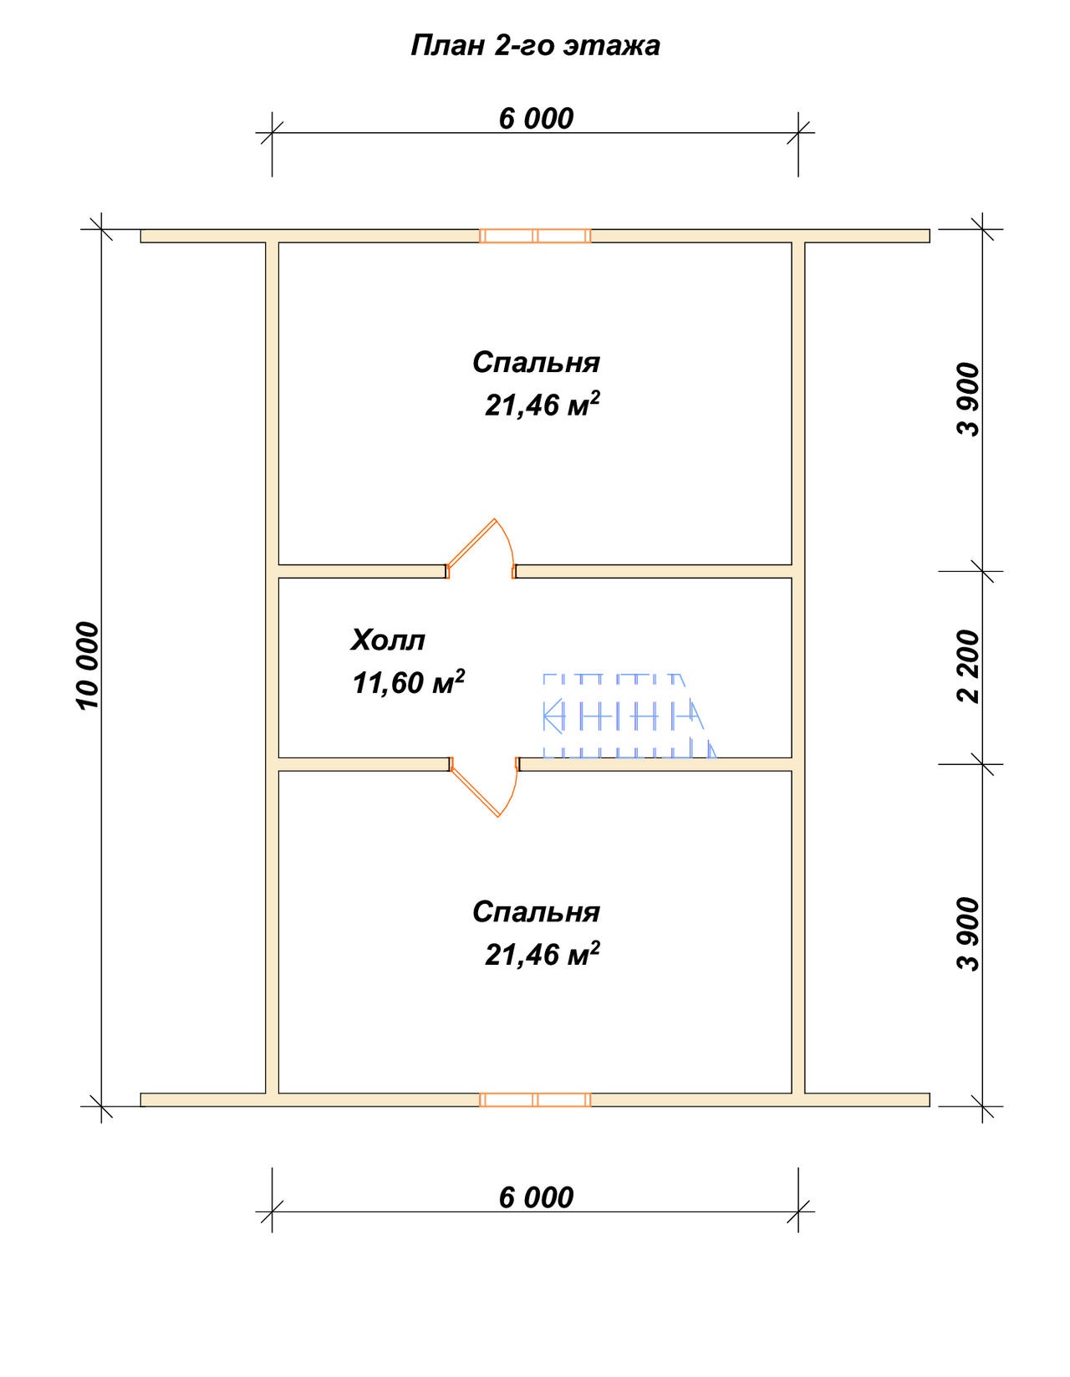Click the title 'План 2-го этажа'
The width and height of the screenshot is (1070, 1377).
[535, 46]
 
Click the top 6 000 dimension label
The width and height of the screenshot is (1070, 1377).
[536, 119]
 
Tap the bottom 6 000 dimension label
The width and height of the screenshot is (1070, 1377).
[536, 1198]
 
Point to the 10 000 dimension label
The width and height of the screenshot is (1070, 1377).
[89, 666]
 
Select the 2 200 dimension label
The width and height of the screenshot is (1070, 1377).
[970, 666]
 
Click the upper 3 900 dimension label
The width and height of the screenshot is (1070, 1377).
[970, 400]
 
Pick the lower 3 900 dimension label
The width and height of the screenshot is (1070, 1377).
[970, 934]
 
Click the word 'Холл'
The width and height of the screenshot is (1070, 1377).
[388, 640]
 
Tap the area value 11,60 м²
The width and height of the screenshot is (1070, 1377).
[409, 681]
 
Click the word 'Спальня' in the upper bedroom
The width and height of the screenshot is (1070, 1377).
[536, 363]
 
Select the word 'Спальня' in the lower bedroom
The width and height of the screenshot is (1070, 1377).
[536, 912]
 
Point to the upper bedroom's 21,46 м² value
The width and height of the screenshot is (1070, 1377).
[543, 405]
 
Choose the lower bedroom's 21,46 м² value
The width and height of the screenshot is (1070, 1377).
[543, 954]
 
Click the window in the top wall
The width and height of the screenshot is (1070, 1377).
[535, 237]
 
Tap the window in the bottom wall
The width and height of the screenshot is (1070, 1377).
[535, 1099]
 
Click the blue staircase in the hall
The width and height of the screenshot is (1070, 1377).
[629, 716]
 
